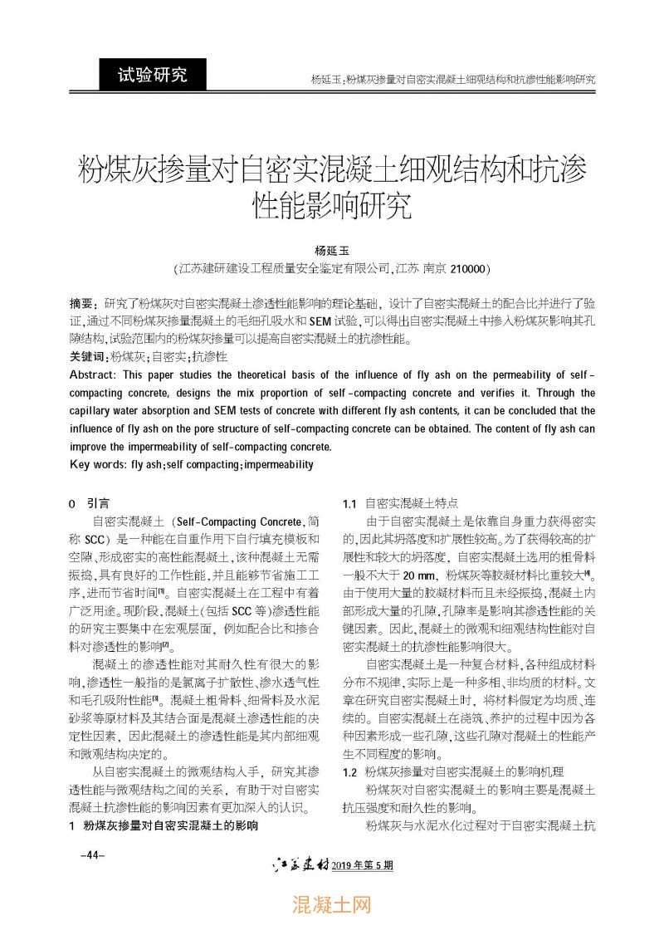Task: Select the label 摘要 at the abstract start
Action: pos(82,305)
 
